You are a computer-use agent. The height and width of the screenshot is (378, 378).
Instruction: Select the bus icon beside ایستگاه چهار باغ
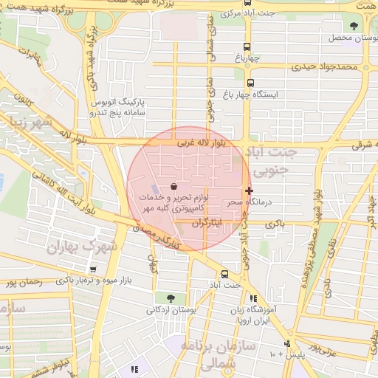(x=250, y=83)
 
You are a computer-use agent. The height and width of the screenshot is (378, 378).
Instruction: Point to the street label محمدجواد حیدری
(x=323, y=67)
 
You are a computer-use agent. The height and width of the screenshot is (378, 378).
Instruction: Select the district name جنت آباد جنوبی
(x=274, y=162)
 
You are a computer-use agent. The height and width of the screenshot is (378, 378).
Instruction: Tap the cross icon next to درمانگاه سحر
(x=249, y=190)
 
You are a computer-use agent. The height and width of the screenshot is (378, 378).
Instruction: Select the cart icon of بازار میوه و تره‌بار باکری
(x=92, y=270)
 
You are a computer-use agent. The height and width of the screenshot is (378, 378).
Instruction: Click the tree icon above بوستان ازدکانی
(x=171, y=298)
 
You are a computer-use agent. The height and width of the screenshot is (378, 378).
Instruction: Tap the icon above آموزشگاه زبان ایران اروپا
(x=254, y=298)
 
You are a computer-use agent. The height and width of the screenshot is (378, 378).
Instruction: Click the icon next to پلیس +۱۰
(x=287, y=343)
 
